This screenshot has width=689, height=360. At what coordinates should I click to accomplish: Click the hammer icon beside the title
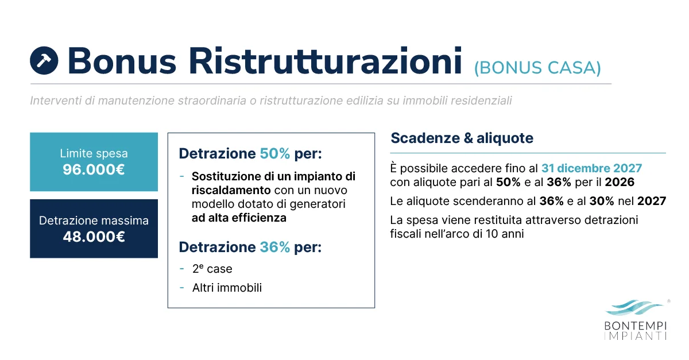click(x=44, y=60)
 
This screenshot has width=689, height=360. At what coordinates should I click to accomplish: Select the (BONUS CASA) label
click(x=537, y=67)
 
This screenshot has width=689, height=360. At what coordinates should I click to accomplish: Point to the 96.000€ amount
click(x=94, y=170)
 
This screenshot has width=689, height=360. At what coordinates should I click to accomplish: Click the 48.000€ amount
click(x=94, y=237)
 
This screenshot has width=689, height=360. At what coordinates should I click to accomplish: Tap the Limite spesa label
click(x=94, y=154)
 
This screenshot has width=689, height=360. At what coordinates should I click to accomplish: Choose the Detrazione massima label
click(x=94, y=220)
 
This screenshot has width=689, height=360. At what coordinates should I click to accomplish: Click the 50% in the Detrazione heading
click(x=275, y=154)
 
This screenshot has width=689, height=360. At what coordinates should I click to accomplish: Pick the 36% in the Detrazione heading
click(x=275, y=247)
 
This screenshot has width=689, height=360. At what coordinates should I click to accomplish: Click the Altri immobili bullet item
click(x=227, y=288)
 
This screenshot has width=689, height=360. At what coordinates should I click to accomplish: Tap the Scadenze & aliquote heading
click(x=462, y=138)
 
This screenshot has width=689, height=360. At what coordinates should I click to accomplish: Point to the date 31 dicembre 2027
click(x=591, y=169)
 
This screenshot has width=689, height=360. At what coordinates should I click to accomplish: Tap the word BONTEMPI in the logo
click(x=636, y=326)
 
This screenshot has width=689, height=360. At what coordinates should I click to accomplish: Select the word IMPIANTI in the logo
click(x=636, y=336)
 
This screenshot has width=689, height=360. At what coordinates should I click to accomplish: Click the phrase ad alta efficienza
click(x=239, y=218)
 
